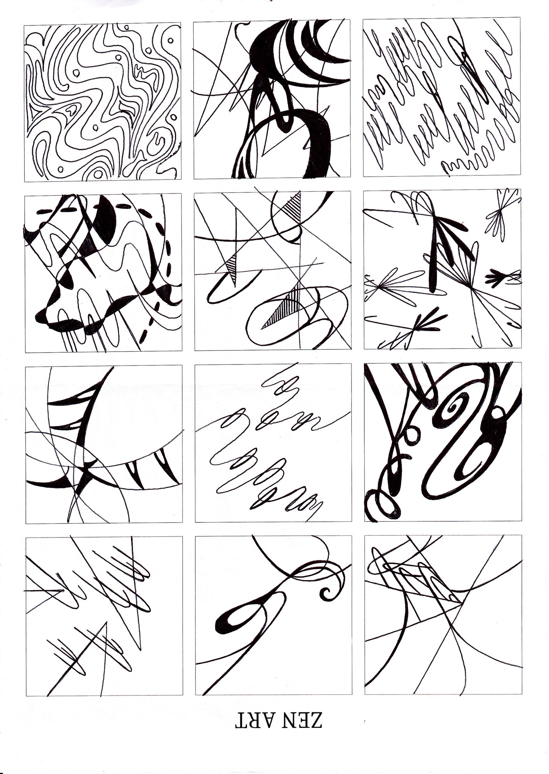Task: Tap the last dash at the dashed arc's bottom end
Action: [x=145, y=336]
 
